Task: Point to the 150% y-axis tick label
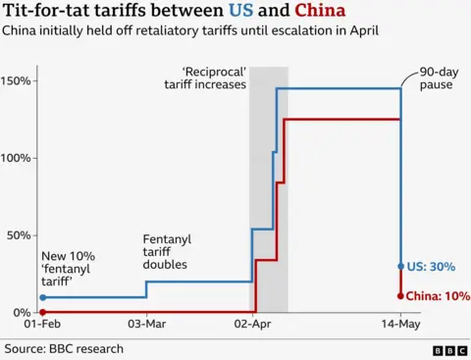(x=18, y=80)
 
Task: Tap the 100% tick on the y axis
(x=18, y=158)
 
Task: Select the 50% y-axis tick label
(x=20, y=235)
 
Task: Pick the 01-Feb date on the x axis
(x=42, y=325)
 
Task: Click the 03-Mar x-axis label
(x=146, y=325)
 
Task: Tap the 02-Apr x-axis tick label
(x=252, y=325)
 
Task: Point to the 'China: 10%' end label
(x=438, y=295)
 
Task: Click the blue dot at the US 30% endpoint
(x=401, y=266)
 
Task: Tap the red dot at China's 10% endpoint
(x=401, y=295)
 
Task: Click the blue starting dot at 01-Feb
(x=42, y=297)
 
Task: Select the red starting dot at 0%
(x=42, y=312)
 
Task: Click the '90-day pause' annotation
(x=435, y=78)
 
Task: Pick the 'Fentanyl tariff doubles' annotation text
(x=167, y=251)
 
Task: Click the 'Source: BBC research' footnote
(x=64, y=347)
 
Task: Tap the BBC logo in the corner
(x=448, y=348)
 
